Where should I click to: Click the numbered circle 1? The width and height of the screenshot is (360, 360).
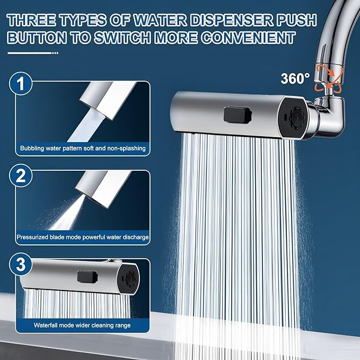pos(21,83)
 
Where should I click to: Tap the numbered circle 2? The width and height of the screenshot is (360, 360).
pos(21,176)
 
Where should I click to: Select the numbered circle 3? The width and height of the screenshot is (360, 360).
pos(21,264)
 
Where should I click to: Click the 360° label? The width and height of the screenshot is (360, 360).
pos(295,78)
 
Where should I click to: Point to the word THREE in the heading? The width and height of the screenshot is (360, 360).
pos(31,20)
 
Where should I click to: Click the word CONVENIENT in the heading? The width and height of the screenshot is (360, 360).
pos(248,38)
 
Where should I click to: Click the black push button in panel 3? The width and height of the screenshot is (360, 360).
pos(87,276)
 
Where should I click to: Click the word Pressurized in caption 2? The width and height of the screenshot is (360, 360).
pos(32,237)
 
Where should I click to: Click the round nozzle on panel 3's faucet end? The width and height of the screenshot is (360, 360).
pos(130,278)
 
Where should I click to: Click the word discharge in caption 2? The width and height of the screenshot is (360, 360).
pos(136,237)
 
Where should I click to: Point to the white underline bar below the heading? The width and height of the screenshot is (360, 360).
pos(32,53)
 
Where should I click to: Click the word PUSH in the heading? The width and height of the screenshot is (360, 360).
pos(296,20)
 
